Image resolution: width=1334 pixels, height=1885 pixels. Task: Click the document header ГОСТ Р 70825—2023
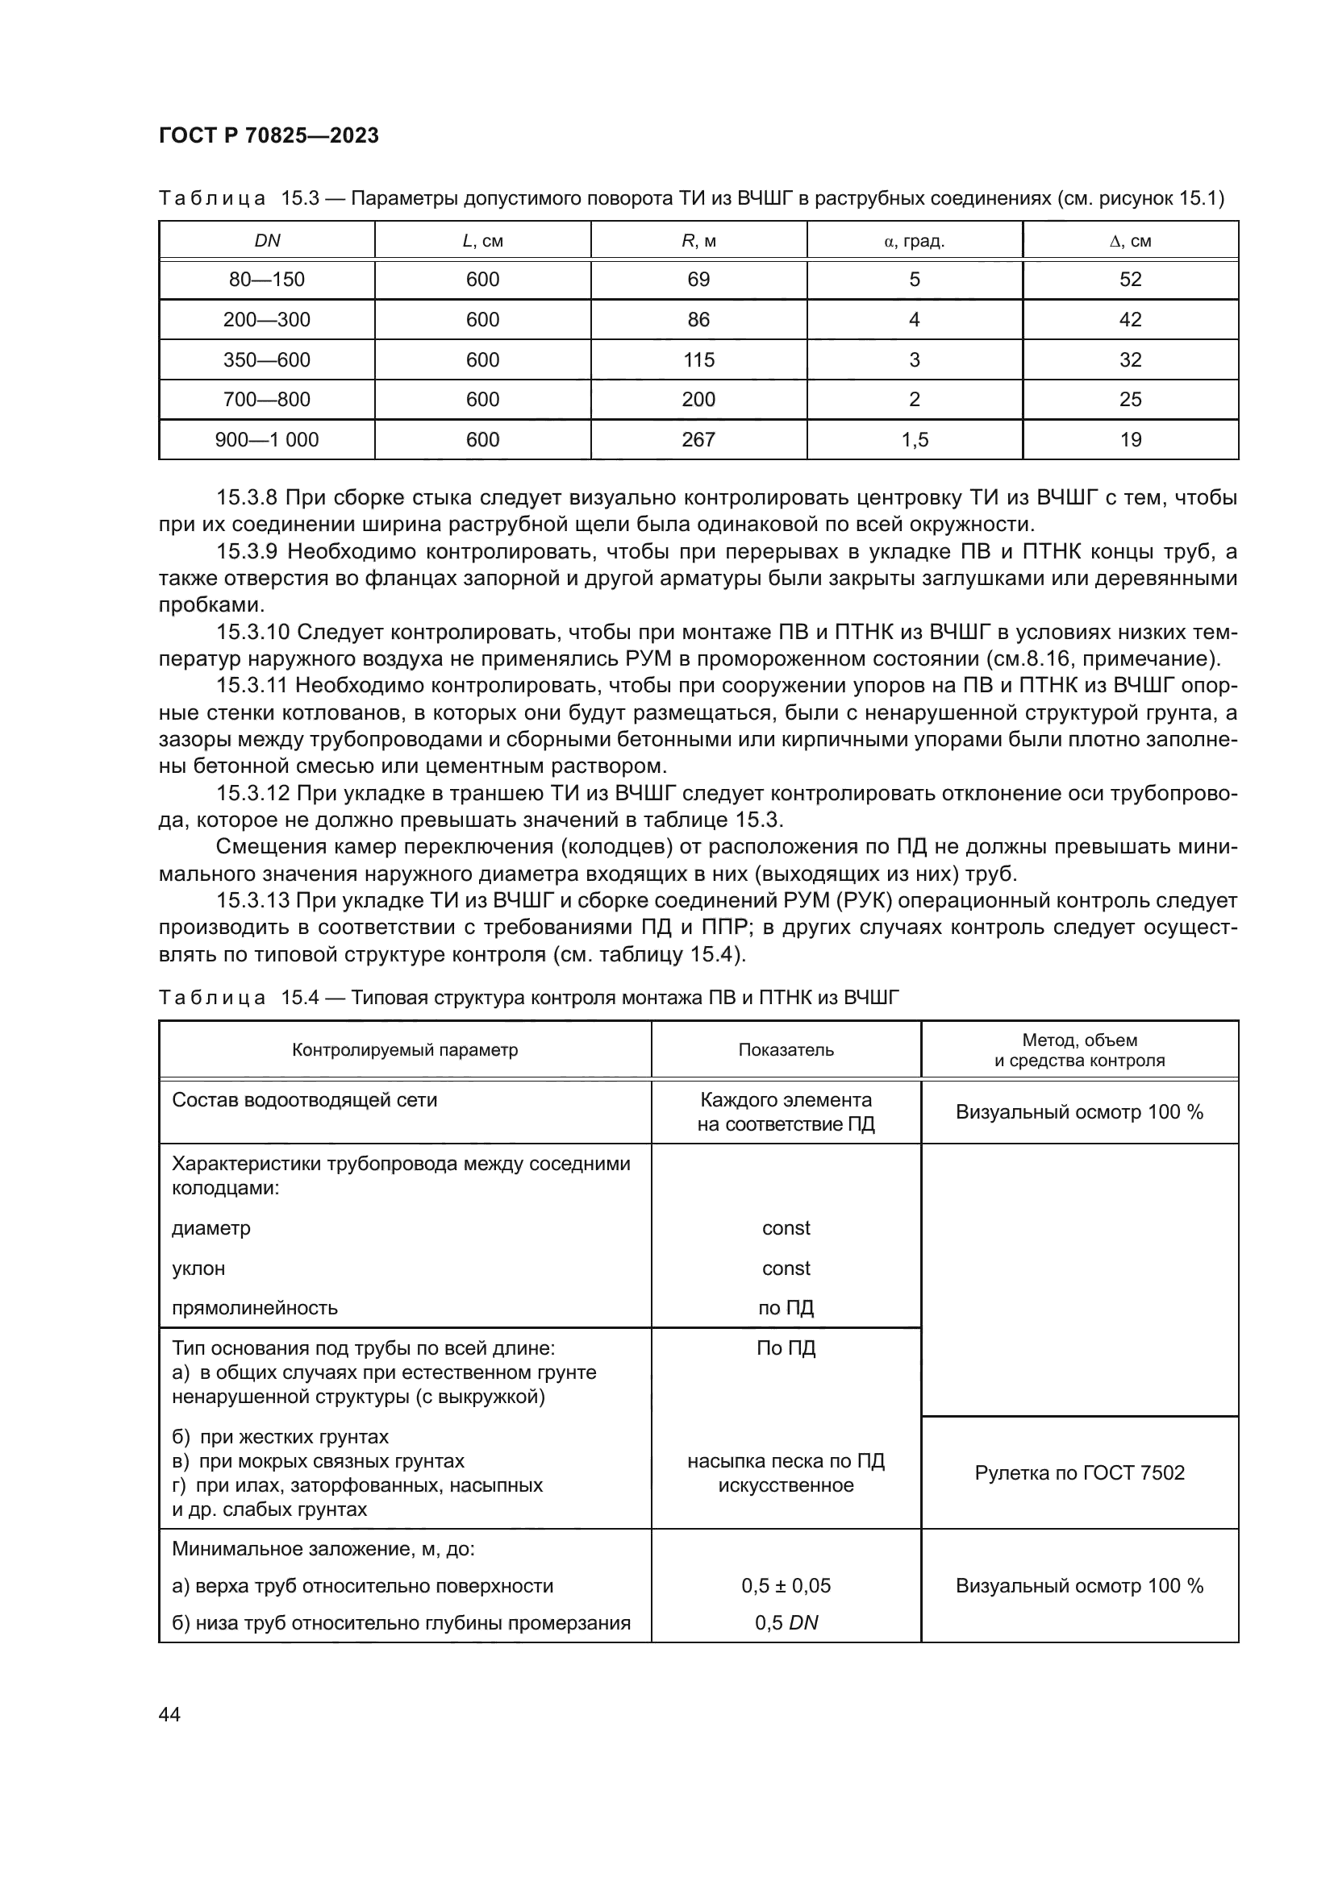click(x=269, y=135)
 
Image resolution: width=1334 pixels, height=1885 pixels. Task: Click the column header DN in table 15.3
click(x=267, y=240)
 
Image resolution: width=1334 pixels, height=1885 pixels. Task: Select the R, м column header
click(x=698, y=240)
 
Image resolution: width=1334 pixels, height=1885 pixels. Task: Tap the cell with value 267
click(x=698, y=439)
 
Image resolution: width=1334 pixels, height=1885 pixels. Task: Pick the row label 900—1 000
click(x=267, y=439)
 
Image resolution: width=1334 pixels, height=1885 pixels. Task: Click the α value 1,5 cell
click(x=915, y=439)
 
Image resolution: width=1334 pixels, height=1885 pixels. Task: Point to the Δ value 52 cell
click(x=1130, y=279)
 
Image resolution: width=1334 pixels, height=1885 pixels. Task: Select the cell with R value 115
click(x=698, y=359)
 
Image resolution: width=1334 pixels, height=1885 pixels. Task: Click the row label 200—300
click(x=267, y=319)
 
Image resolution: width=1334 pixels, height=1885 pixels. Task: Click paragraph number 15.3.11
click(x=252, y=686)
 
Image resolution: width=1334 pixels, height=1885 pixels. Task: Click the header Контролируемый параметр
click(x=405, y=1049)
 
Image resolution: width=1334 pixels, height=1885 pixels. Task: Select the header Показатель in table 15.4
click(x=786, y=1049)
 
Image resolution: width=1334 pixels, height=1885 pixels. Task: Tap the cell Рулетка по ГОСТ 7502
click(x=1079, y=1472)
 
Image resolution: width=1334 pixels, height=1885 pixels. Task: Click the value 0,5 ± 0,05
click(x=786, y=1585)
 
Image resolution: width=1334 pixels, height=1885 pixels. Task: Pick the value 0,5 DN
click(x=786, y=1622)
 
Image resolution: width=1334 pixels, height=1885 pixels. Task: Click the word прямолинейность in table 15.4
click(x=255, y=1308)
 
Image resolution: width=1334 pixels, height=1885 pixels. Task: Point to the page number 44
click(x=169, y=1714)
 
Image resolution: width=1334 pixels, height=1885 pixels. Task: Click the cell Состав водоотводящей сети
click(x=304, y=1100)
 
